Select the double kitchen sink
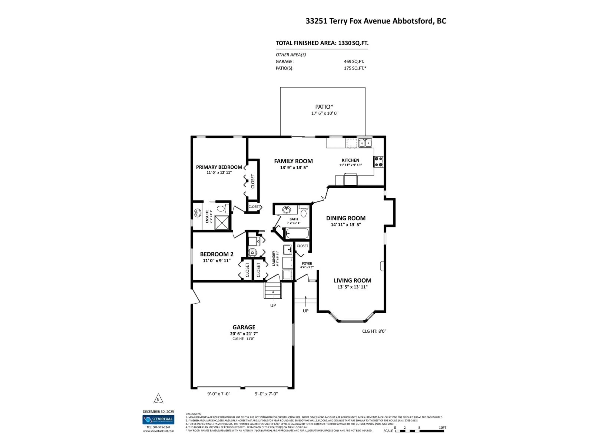tap(365, 143)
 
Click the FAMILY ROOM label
tap(293, 161)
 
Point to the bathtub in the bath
tap(297, 233)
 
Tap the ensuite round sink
tap(197, 213)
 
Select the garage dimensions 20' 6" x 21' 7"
tap(244, 334)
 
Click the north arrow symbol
tap(158, 399)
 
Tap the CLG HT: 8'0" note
tap(374, 331)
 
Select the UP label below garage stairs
tap(273, 305)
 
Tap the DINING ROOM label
tap(346, 218)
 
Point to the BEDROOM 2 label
tap(217, 254)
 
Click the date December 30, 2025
tap(158, 411)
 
